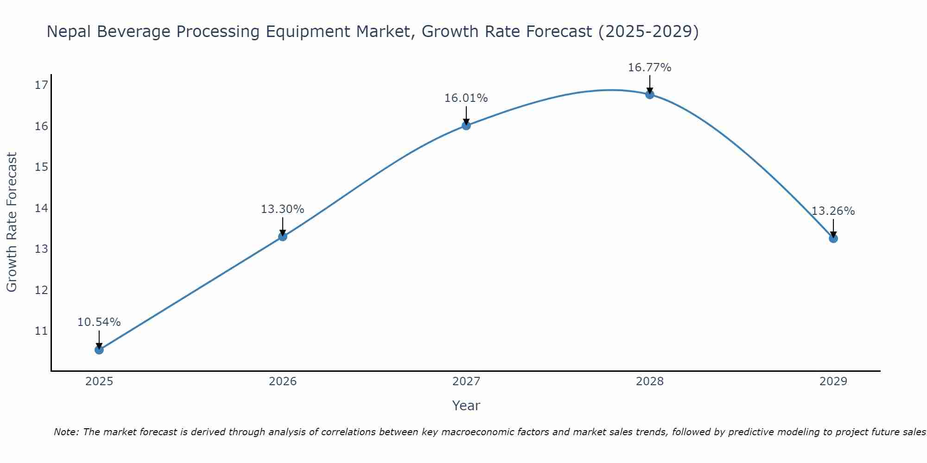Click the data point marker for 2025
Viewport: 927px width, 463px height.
click(x=99, y=350)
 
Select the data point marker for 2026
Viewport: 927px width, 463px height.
click(x=283, y=237)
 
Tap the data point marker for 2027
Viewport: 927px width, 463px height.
click(x=466, y=125)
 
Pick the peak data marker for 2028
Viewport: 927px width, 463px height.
click(x=650, y=94)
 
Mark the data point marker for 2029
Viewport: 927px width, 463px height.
click(x=833, y=238)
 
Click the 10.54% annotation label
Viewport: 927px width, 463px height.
click(x=99, y=322)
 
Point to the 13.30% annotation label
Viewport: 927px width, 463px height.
click(x=283, y=209)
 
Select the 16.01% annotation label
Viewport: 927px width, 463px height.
click(x=466, y=98)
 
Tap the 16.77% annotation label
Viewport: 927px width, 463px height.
click(x=650, y=68)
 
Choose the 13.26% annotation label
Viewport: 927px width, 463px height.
click(x=833, y=211)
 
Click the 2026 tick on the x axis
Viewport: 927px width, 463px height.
click(x=283, y=382)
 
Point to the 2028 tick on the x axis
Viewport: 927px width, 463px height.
click(x=650, y=382)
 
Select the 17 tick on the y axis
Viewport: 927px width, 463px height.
click(x=41, y=85)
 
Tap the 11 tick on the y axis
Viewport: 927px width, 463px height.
click(x=41, y=331)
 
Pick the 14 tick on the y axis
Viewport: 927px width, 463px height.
click(x=41, y=208)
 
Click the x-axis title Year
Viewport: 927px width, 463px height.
click(x=466, y=406)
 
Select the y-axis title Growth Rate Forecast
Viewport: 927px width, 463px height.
click(x=12, y=222)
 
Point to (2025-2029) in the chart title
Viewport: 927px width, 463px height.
click(x=648, y=31)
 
